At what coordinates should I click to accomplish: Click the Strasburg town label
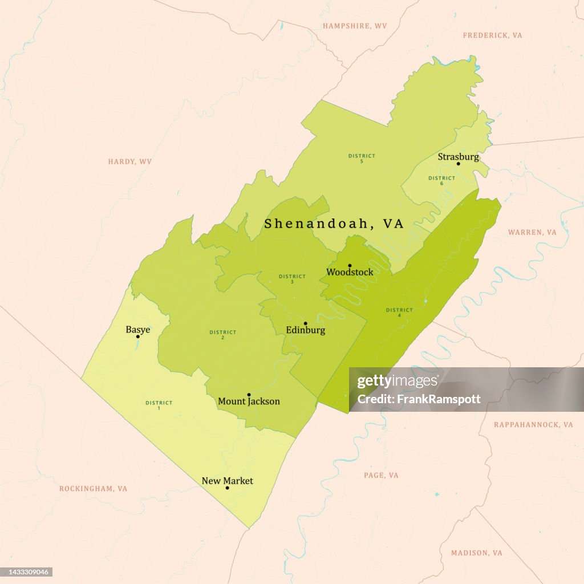(x=458, y=157)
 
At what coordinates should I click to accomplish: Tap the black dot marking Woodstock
(x=350, y=265)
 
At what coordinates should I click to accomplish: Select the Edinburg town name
(x=305, y=330)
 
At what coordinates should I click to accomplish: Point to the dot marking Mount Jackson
(x=249, y=395)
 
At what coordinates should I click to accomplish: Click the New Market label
(x=227, y=481)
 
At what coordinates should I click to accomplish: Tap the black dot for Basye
(x=137, y=336)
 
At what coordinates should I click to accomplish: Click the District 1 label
(x=159, y=405)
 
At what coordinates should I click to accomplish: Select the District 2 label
(x=222, y=335)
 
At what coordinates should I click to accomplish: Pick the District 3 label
(x=292, y=279)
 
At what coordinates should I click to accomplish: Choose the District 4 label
(x=399, y=313)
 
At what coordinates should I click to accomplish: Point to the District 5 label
(x=362, y=158)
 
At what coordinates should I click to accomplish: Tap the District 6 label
(x=441, y=180)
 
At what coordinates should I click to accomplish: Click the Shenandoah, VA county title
(x=334, y=224)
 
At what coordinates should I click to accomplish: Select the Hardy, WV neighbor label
(x=130, y=162)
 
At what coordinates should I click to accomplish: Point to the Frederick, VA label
(x=492, y=35)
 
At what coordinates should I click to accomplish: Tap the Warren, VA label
(x=532, y=233)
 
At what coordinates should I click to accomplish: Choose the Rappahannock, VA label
(x=533, y=425)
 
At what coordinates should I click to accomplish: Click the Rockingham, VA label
(x=94, y=489)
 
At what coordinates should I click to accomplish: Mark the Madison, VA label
(x=477, y=553)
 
